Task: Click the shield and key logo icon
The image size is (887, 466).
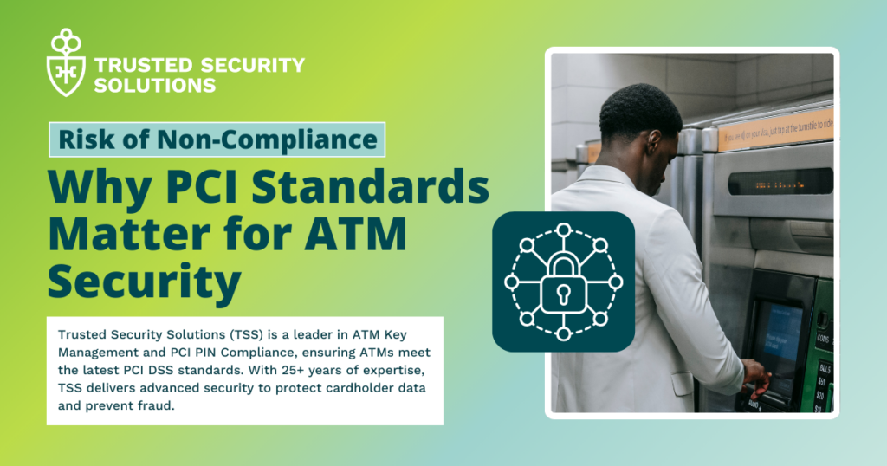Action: click(x=65, y=61)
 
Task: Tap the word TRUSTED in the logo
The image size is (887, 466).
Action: click(x=131, y=66)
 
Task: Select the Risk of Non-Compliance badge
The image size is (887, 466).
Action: click(x=217, y=139)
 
